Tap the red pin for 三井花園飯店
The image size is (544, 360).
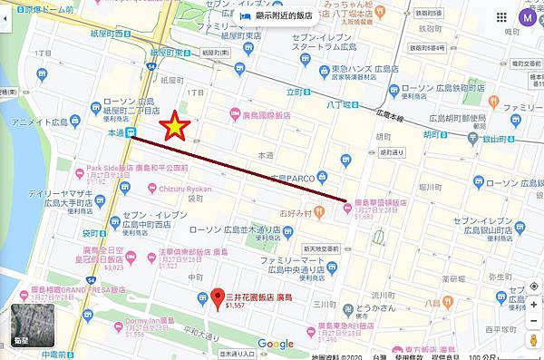click(217, 297)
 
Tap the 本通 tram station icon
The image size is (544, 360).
click(132, 132)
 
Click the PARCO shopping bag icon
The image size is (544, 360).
click(346, 161)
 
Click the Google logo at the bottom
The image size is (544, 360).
click(275, 344)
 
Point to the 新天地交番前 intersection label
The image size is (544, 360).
click(323, 248)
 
